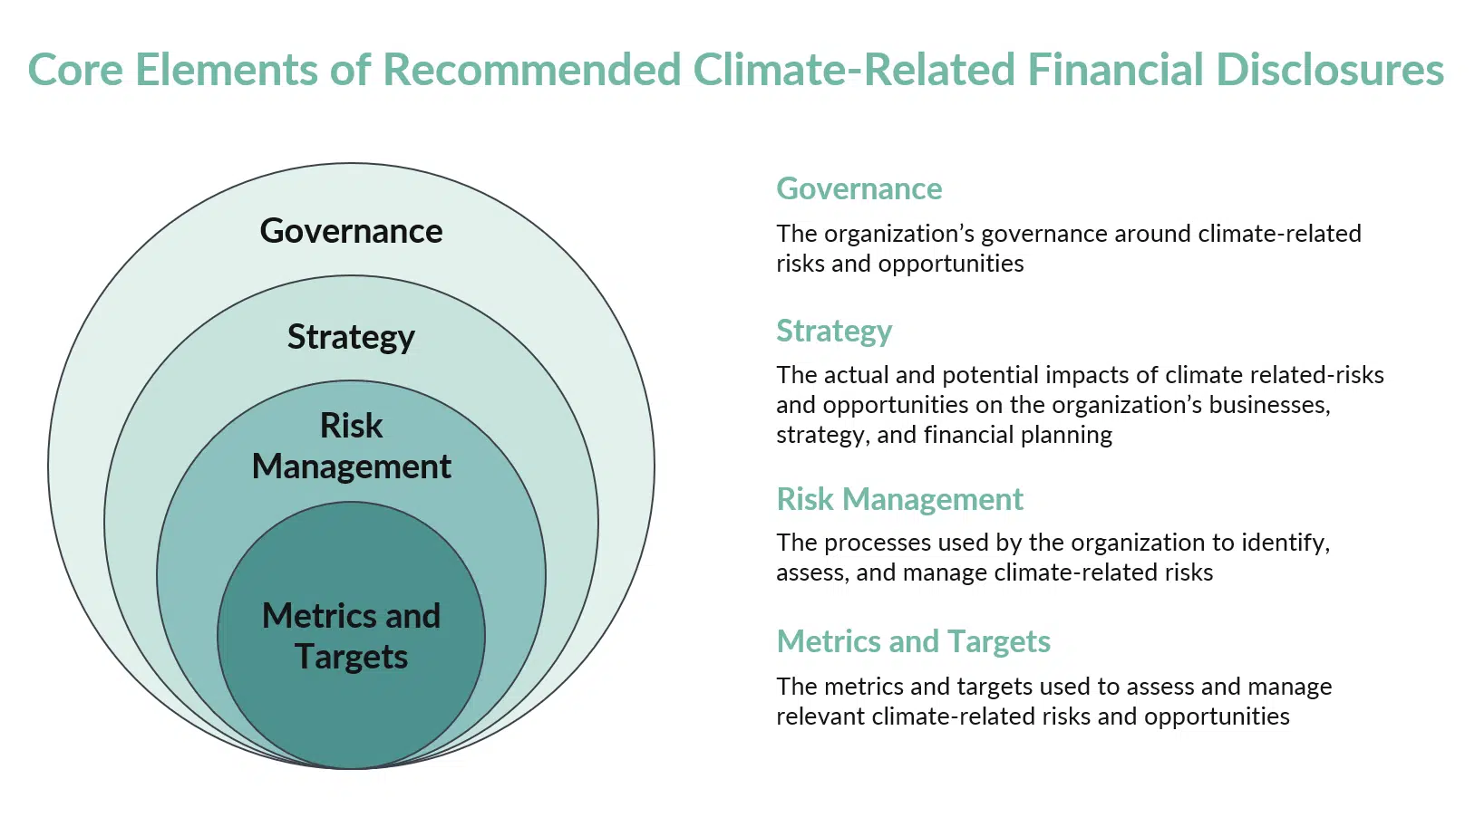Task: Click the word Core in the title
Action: (75, 70)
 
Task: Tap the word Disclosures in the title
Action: (1330, 70)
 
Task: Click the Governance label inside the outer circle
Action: (351, 231)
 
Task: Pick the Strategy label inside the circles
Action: (351, 337)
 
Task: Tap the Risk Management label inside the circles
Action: (351, 446)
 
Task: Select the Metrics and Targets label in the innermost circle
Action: (351, 636)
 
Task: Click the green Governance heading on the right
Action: (859, 188)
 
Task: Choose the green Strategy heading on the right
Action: (834, 332)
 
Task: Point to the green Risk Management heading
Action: (899, 499)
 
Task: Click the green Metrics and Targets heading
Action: (913, 641)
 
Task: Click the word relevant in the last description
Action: (820, 716)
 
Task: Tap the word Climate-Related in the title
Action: (854, 70)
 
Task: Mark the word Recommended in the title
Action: (532, 70)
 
